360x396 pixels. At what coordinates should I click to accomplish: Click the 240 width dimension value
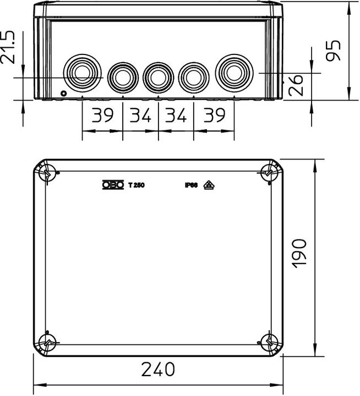[x=158, y=369]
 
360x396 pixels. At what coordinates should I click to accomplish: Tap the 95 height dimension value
[x=333, y=51]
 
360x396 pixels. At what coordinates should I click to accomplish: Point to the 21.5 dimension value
[x=8, y=47]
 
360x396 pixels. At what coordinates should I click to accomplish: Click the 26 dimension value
[x=296, y=85]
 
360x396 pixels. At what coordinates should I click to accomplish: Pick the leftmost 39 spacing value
[x=102, y=115]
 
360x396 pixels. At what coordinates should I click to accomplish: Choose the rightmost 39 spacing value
[x=214, y=115]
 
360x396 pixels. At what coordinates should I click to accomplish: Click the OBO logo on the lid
[x=113, y=185]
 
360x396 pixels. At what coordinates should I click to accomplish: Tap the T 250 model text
[x=137, y=185]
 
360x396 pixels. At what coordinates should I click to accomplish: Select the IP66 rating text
[x=191, y=185]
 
